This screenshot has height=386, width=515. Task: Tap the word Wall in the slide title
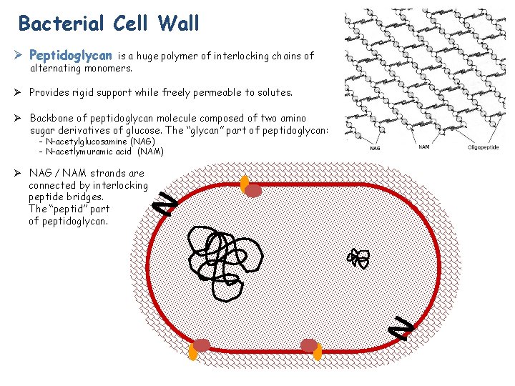tap(180, 24)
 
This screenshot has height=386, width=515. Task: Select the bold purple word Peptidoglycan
tap(71, 55)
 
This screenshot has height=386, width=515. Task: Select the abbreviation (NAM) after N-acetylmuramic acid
tap(151, 152)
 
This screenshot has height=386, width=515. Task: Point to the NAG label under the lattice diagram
tap(376, 149)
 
